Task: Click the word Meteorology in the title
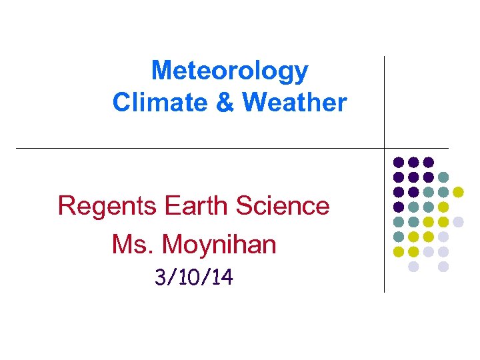pos(229,71)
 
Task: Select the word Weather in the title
pos(294,103)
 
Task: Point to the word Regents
pos(107,206)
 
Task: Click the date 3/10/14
pos(193,277)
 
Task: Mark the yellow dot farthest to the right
pos(458,192)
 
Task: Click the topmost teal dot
pos(443,177)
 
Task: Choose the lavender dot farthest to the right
pos(458,221)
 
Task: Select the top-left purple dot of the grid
pos(399,162)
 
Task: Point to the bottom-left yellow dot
pos(399,251)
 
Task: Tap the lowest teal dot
pos(399,237)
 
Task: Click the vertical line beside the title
pos(385,100)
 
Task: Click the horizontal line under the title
pos(200,148)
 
